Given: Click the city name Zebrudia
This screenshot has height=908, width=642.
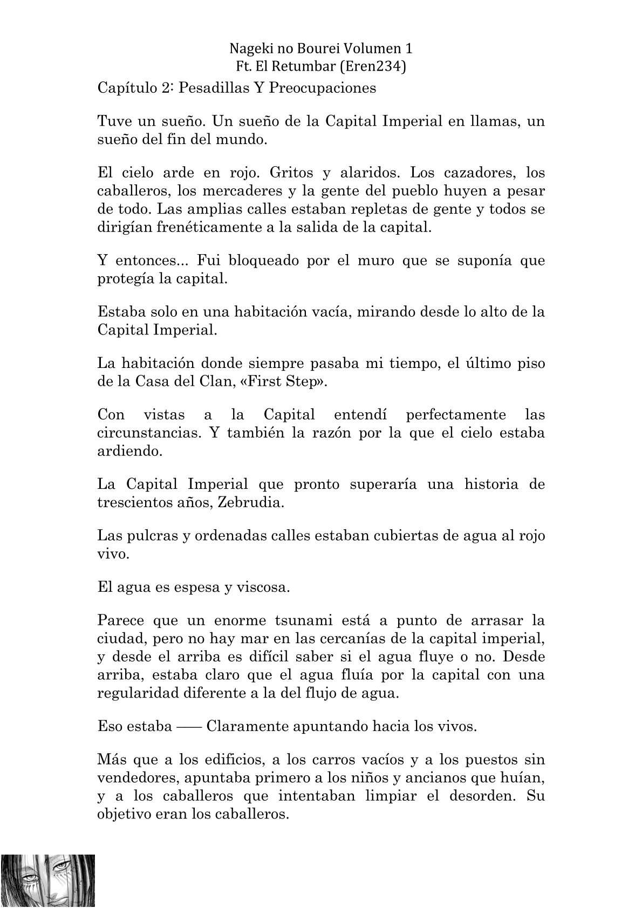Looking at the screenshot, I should click(x=250, y=502).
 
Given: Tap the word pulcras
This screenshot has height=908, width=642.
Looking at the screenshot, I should click(x=147, y=536).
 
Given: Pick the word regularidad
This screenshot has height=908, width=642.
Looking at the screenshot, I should click(x=142, y=693).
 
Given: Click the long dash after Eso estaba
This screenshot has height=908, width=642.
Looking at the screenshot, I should click(x=189, y=726).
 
